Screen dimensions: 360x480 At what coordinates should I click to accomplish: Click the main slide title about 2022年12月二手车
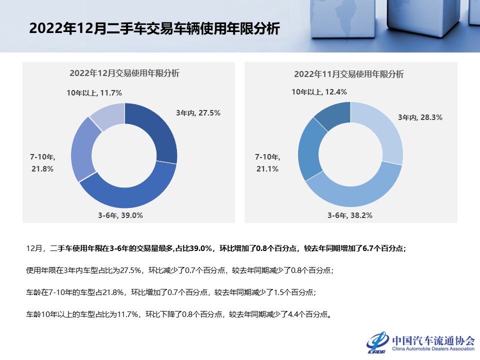tap(154, 28)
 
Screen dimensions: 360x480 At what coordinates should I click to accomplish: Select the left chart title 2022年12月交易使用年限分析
tap(124, 73)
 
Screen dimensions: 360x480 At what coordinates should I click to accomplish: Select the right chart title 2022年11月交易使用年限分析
tap(348, 74)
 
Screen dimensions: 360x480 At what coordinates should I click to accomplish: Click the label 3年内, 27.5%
tap(198, 113)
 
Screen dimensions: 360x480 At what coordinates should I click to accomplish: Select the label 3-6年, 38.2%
tap(350, 215)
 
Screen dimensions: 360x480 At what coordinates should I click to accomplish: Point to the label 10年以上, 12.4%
tap(319, 91)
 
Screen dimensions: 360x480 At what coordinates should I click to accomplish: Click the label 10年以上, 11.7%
tap(94, 92)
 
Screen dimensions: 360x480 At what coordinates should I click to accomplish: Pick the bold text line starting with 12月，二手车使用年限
tap(216, 248)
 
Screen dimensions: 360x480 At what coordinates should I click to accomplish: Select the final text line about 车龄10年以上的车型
tap(178, 315)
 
